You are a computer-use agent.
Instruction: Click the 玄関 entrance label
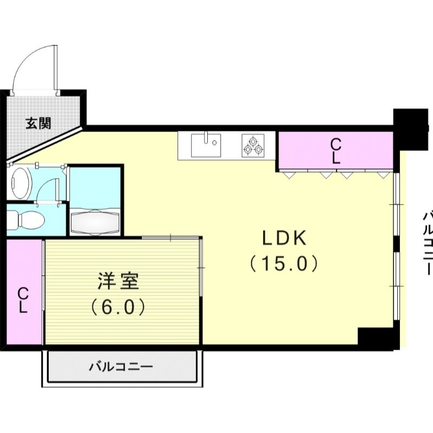click(x=38, y=123)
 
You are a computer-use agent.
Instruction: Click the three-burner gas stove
click(x=253, y=145)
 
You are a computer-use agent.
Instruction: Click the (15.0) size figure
click(x=284, y=264)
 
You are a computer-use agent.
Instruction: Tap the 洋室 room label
click(x=119, y=281)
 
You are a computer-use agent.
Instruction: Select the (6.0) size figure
click(x=118, y=307)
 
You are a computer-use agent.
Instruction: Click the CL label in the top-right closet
click(x=336, y=151)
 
